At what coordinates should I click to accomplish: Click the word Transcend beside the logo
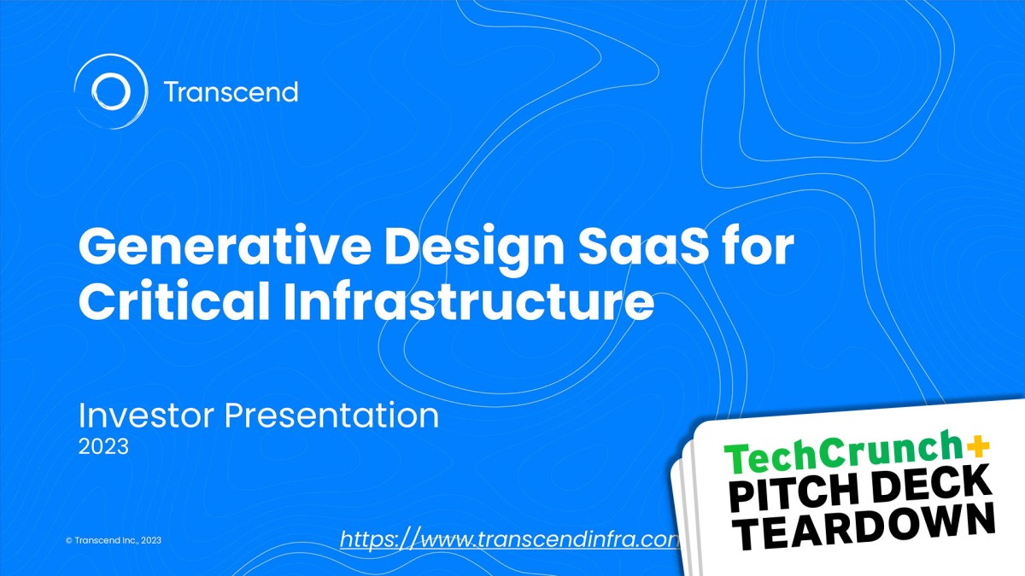point(230,91)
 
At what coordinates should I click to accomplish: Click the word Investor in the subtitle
point(145,416)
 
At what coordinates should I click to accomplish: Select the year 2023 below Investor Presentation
point(103,446)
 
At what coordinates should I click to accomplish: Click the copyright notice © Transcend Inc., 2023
point(113,540)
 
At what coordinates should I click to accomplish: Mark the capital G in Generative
point(99,248)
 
